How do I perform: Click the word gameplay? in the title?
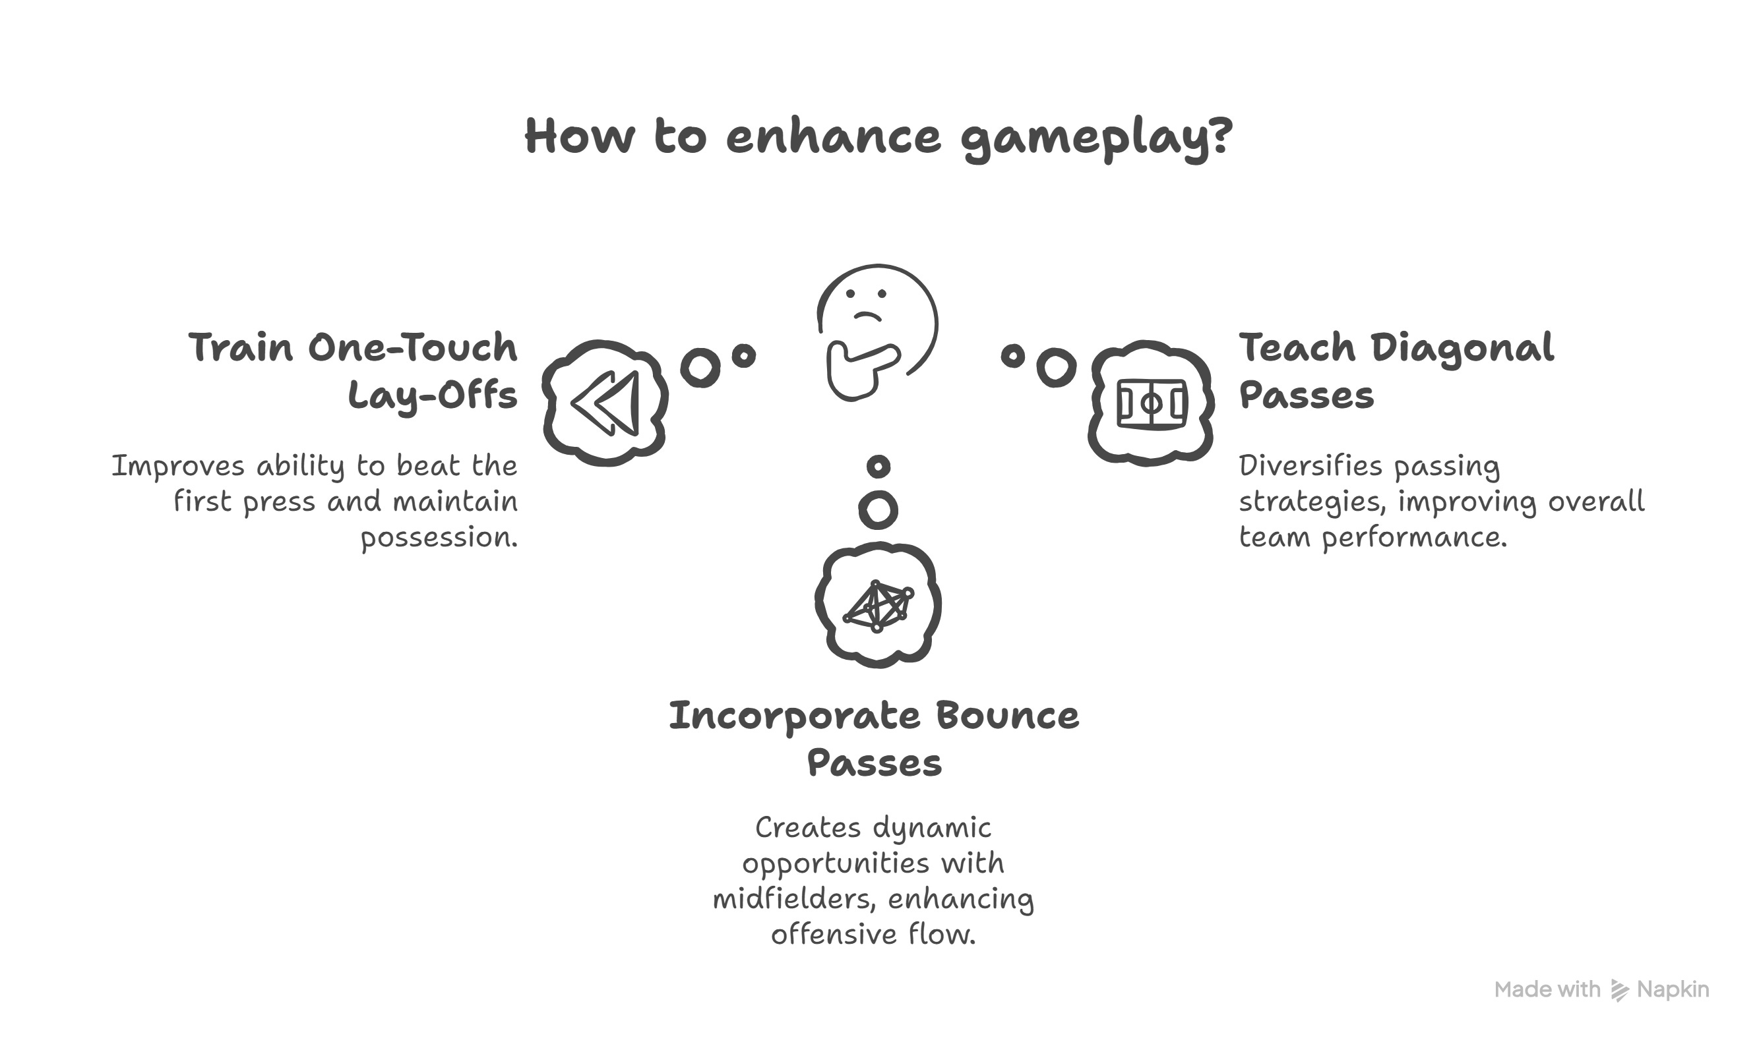click(1095, 138)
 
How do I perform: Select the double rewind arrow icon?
click(605, 403)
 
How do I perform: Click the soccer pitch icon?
click(1152, 403)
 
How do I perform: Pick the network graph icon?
click(878, 605)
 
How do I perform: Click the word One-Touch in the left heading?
click(412, 348)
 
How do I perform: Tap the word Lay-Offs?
click(432, 395)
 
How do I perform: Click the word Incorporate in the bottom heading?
click(793, 716)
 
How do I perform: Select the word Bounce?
click(1006, 716)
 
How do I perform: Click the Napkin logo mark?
click(1619, 991)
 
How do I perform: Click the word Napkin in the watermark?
click(1673, 990)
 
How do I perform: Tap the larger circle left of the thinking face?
click(700, 366)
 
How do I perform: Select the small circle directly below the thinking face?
click(878, 466)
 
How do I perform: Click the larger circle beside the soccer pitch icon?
click(1056, 366)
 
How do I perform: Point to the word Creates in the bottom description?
click(807, 827)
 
